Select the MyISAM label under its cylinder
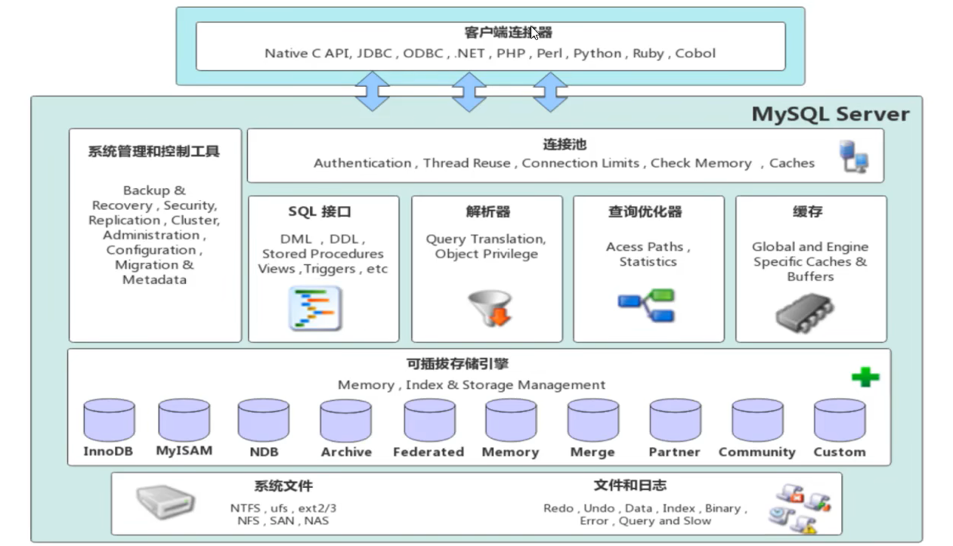[184, 450]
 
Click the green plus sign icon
[865, 376]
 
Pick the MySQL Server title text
[831, 115]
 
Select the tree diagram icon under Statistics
[646, 305]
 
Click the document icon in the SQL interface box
[315, 308]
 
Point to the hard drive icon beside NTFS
[166, 501]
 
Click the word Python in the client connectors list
[597, 54]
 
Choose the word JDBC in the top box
[376, 54]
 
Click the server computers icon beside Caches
[854, 156]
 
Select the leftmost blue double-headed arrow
[372, 92]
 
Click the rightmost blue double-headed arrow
[550, 92]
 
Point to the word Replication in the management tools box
[124, 221]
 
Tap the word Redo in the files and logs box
[558, 508]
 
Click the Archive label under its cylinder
[346, 452]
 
